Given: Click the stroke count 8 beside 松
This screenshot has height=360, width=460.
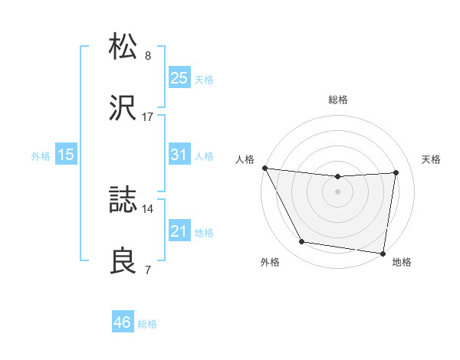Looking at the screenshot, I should pos(148,56).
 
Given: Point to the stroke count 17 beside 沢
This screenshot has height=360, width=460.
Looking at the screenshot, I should pos(148,117).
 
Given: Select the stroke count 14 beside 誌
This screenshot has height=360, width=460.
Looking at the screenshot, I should pos(148,208).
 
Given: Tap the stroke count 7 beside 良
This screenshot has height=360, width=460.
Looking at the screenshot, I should pos(148,270).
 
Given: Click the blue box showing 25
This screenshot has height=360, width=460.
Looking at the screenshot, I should pos(179,77).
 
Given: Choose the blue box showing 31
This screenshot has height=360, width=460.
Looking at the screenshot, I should pos(179,154).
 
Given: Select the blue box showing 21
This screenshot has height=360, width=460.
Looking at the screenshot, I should pos(179,231).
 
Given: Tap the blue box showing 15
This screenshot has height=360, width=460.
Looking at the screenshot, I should pos(66,154).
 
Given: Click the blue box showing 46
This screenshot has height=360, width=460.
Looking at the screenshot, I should pos(123,322).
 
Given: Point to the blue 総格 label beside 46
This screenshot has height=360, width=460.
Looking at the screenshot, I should pos(147,324).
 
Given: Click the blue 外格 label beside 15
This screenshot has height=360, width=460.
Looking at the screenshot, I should pos(41,155).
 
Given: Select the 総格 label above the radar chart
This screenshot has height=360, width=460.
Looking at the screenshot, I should pos(338,100).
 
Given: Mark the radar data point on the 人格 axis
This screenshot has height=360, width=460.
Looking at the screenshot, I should pos(264,168).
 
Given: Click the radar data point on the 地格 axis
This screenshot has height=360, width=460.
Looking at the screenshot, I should pos(383,253).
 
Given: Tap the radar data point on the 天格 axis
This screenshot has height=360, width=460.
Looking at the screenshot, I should pos(396,172).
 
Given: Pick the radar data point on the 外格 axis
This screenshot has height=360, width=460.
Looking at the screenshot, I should pos(301,243).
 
